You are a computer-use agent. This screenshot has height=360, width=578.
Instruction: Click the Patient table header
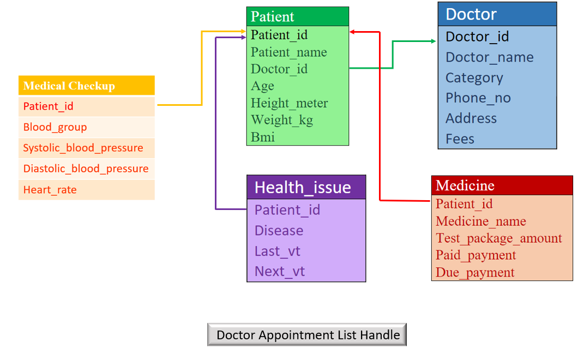click(x=297, y=16)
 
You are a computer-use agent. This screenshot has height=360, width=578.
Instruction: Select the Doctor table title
click(x=497, y=14)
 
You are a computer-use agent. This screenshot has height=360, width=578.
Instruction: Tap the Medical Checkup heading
click(x=86, y=86)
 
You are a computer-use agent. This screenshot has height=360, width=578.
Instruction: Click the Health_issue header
click(x=306, y=187)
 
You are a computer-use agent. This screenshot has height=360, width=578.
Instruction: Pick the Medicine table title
click(x=502, y=185)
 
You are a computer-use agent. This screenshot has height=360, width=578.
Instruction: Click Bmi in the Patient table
click(x=263, y=137)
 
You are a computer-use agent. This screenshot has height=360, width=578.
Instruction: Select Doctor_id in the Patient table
click(x=279, y=69)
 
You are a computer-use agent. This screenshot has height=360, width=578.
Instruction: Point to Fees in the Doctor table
click(x=460, y=139)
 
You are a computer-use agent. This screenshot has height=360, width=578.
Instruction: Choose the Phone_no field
click(x=478, y=98)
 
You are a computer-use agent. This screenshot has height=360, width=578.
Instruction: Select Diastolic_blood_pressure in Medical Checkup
click(x=86, y=169)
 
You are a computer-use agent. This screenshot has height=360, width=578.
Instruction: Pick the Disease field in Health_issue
click(x=279, y=231)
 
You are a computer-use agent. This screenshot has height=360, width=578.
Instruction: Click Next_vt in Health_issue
click(x=280, y=272)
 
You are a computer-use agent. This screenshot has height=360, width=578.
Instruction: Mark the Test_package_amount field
click(x=499, y=238)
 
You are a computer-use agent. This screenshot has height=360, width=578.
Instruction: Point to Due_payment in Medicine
click(x=475, y=272)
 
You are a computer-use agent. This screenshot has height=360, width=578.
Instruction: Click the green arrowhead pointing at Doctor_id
click(x=433, y=41)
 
